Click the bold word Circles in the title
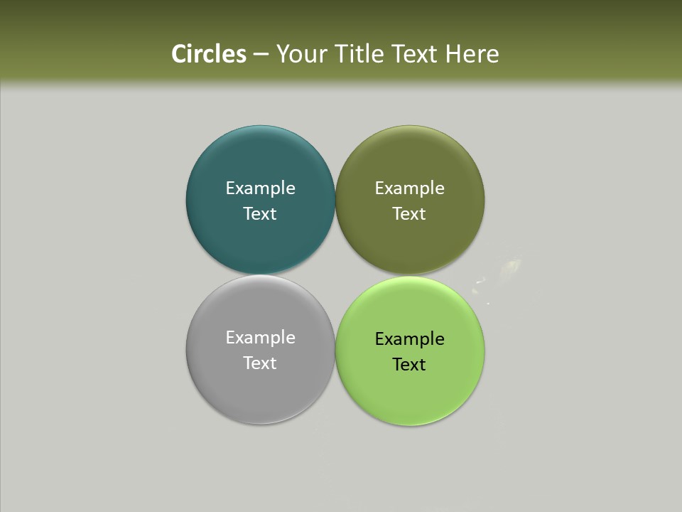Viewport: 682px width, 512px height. [209, 54]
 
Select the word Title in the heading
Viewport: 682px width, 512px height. [359, 54]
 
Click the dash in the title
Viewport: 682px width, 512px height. [261, 55]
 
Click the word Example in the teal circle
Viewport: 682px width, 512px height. [260, 188]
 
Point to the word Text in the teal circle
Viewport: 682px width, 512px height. [260, 214]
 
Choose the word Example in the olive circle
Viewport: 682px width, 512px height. [409, 188]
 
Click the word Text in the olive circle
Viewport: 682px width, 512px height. [409, 214]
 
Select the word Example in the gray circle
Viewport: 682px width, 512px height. [260, 338]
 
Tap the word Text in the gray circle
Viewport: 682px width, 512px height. [260, 363]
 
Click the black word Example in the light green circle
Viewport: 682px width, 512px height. [409, 339]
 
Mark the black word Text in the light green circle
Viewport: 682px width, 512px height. [409, 365]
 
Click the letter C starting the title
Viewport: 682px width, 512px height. [179, 54]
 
